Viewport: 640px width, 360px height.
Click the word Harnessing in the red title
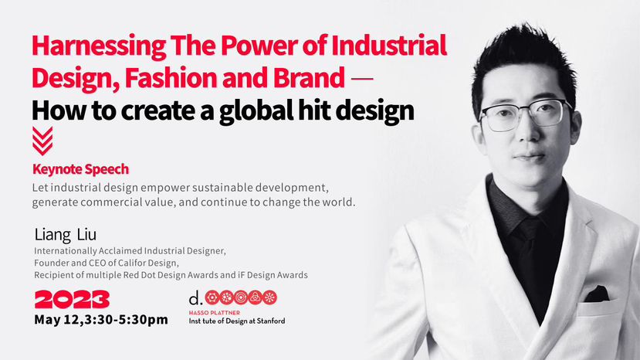[x=99, y=46]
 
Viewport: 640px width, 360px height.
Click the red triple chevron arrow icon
[x=42, y=141]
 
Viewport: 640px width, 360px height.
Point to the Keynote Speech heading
[x=81, y=169]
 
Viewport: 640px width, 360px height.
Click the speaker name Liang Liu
[x=66, y=235]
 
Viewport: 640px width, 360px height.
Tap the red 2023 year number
[x=72, y=300]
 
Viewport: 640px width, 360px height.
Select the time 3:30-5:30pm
[x=127, y=320]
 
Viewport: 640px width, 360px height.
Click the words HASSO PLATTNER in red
[x=215, y=313]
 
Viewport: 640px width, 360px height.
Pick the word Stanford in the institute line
[x=271, y=321]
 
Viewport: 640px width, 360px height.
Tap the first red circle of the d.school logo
[x=212, y=297]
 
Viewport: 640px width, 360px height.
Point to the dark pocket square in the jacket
[x=597, y=294]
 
